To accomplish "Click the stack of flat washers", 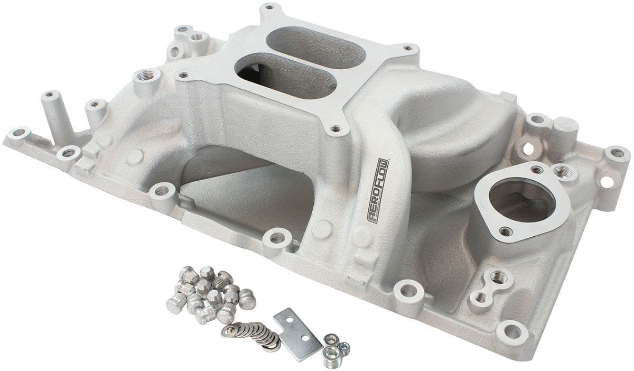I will click(253, 334).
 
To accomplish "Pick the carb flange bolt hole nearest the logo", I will click(335, 128).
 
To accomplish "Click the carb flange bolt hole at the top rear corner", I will click(269, 8).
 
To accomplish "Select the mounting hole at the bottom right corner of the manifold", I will click(511, 331).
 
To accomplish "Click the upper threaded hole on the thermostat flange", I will click(536, 170).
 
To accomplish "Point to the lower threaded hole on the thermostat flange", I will click(506, 231).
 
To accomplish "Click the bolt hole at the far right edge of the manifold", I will click(616, 154).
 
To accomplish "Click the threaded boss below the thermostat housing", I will click(496, 276).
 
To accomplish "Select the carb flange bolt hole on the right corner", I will click(407, 48).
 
